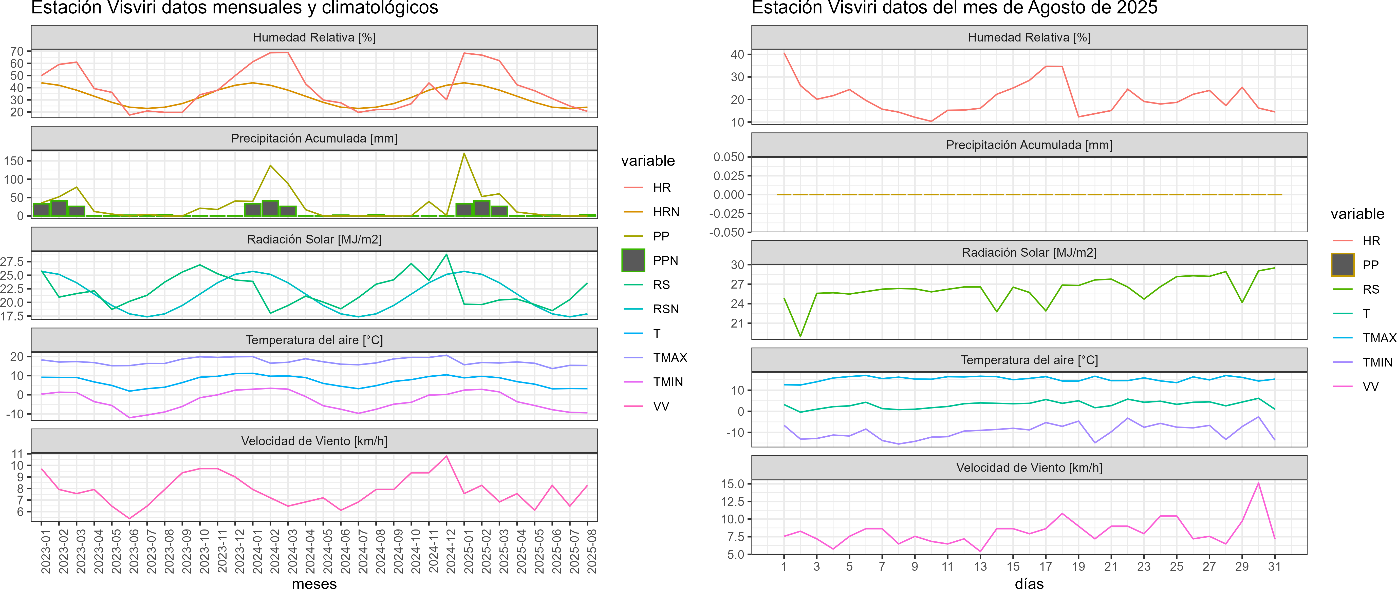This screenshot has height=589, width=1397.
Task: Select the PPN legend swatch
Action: [633, 260]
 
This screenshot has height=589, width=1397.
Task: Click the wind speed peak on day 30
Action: [1258, 483]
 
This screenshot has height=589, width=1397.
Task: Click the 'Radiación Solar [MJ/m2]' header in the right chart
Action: [1029, 253]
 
